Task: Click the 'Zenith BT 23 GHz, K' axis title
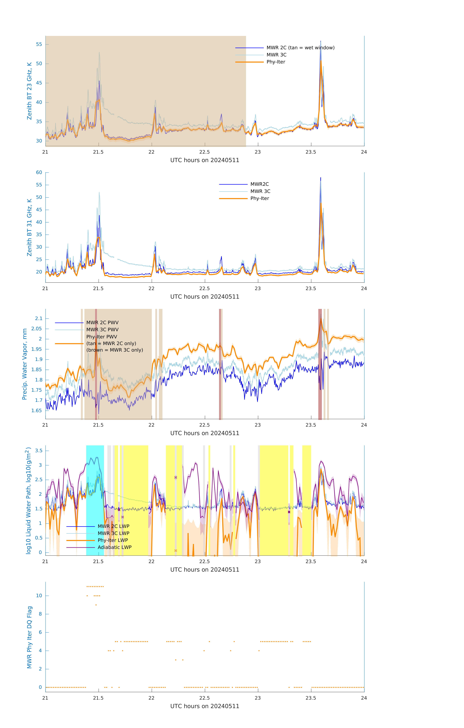tap(29, 91)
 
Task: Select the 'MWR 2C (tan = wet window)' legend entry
tap(300, 48)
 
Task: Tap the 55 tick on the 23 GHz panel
tap(39, 44)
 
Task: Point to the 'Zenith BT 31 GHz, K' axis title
tap(29, 227)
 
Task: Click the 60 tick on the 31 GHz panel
tap(39, 173)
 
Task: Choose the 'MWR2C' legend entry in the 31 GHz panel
tap(259, 184)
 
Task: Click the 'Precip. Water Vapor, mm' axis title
tap(25, 364)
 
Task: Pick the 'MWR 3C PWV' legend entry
tap(102, 330)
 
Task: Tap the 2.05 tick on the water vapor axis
tap(37, 329)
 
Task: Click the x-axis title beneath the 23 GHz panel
tap(205, 160)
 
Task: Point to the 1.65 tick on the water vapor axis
tap(37, 411)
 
